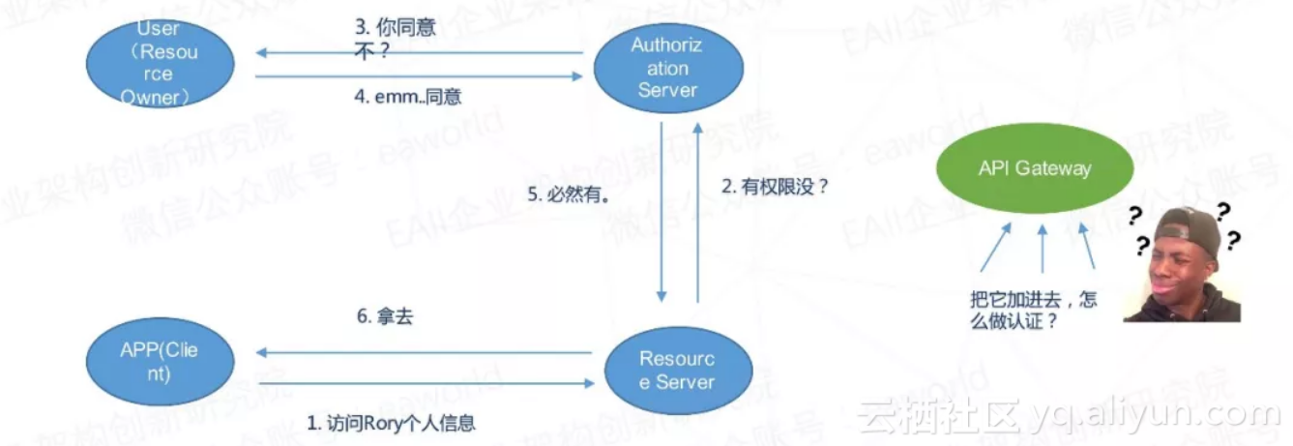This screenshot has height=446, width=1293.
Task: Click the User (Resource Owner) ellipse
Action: click(x=161, y=63)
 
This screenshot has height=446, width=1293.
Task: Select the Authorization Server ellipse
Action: click(x=667, y=68)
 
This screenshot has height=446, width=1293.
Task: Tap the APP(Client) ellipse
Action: click(x=160, y=362)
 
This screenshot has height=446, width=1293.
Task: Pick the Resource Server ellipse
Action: click(x=678, y=370)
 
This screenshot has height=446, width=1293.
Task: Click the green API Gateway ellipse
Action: click(x=1034, y=169)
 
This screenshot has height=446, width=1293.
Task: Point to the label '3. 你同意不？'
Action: click(x=395, y=39)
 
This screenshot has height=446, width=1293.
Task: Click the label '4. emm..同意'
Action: click(x=406, y=98)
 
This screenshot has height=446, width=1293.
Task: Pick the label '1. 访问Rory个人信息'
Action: click(x=392, y=423)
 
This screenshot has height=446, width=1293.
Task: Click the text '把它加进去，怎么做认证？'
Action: click(x=1033, y=311)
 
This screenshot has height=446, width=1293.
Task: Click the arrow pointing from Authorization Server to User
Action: click(x=420, y=53)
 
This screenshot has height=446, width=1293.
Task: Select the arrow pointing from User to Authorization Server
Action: click(x=420, y=76)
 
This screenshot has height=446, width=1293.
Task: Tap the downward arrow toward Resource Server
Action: click(x=662, y=212)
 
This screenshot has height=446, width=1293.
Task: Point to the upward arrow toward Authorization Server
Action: click(x=697, y=212)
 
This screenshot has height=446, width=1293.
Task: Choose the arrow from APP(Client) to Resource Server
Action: click(x=426, y=383)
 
